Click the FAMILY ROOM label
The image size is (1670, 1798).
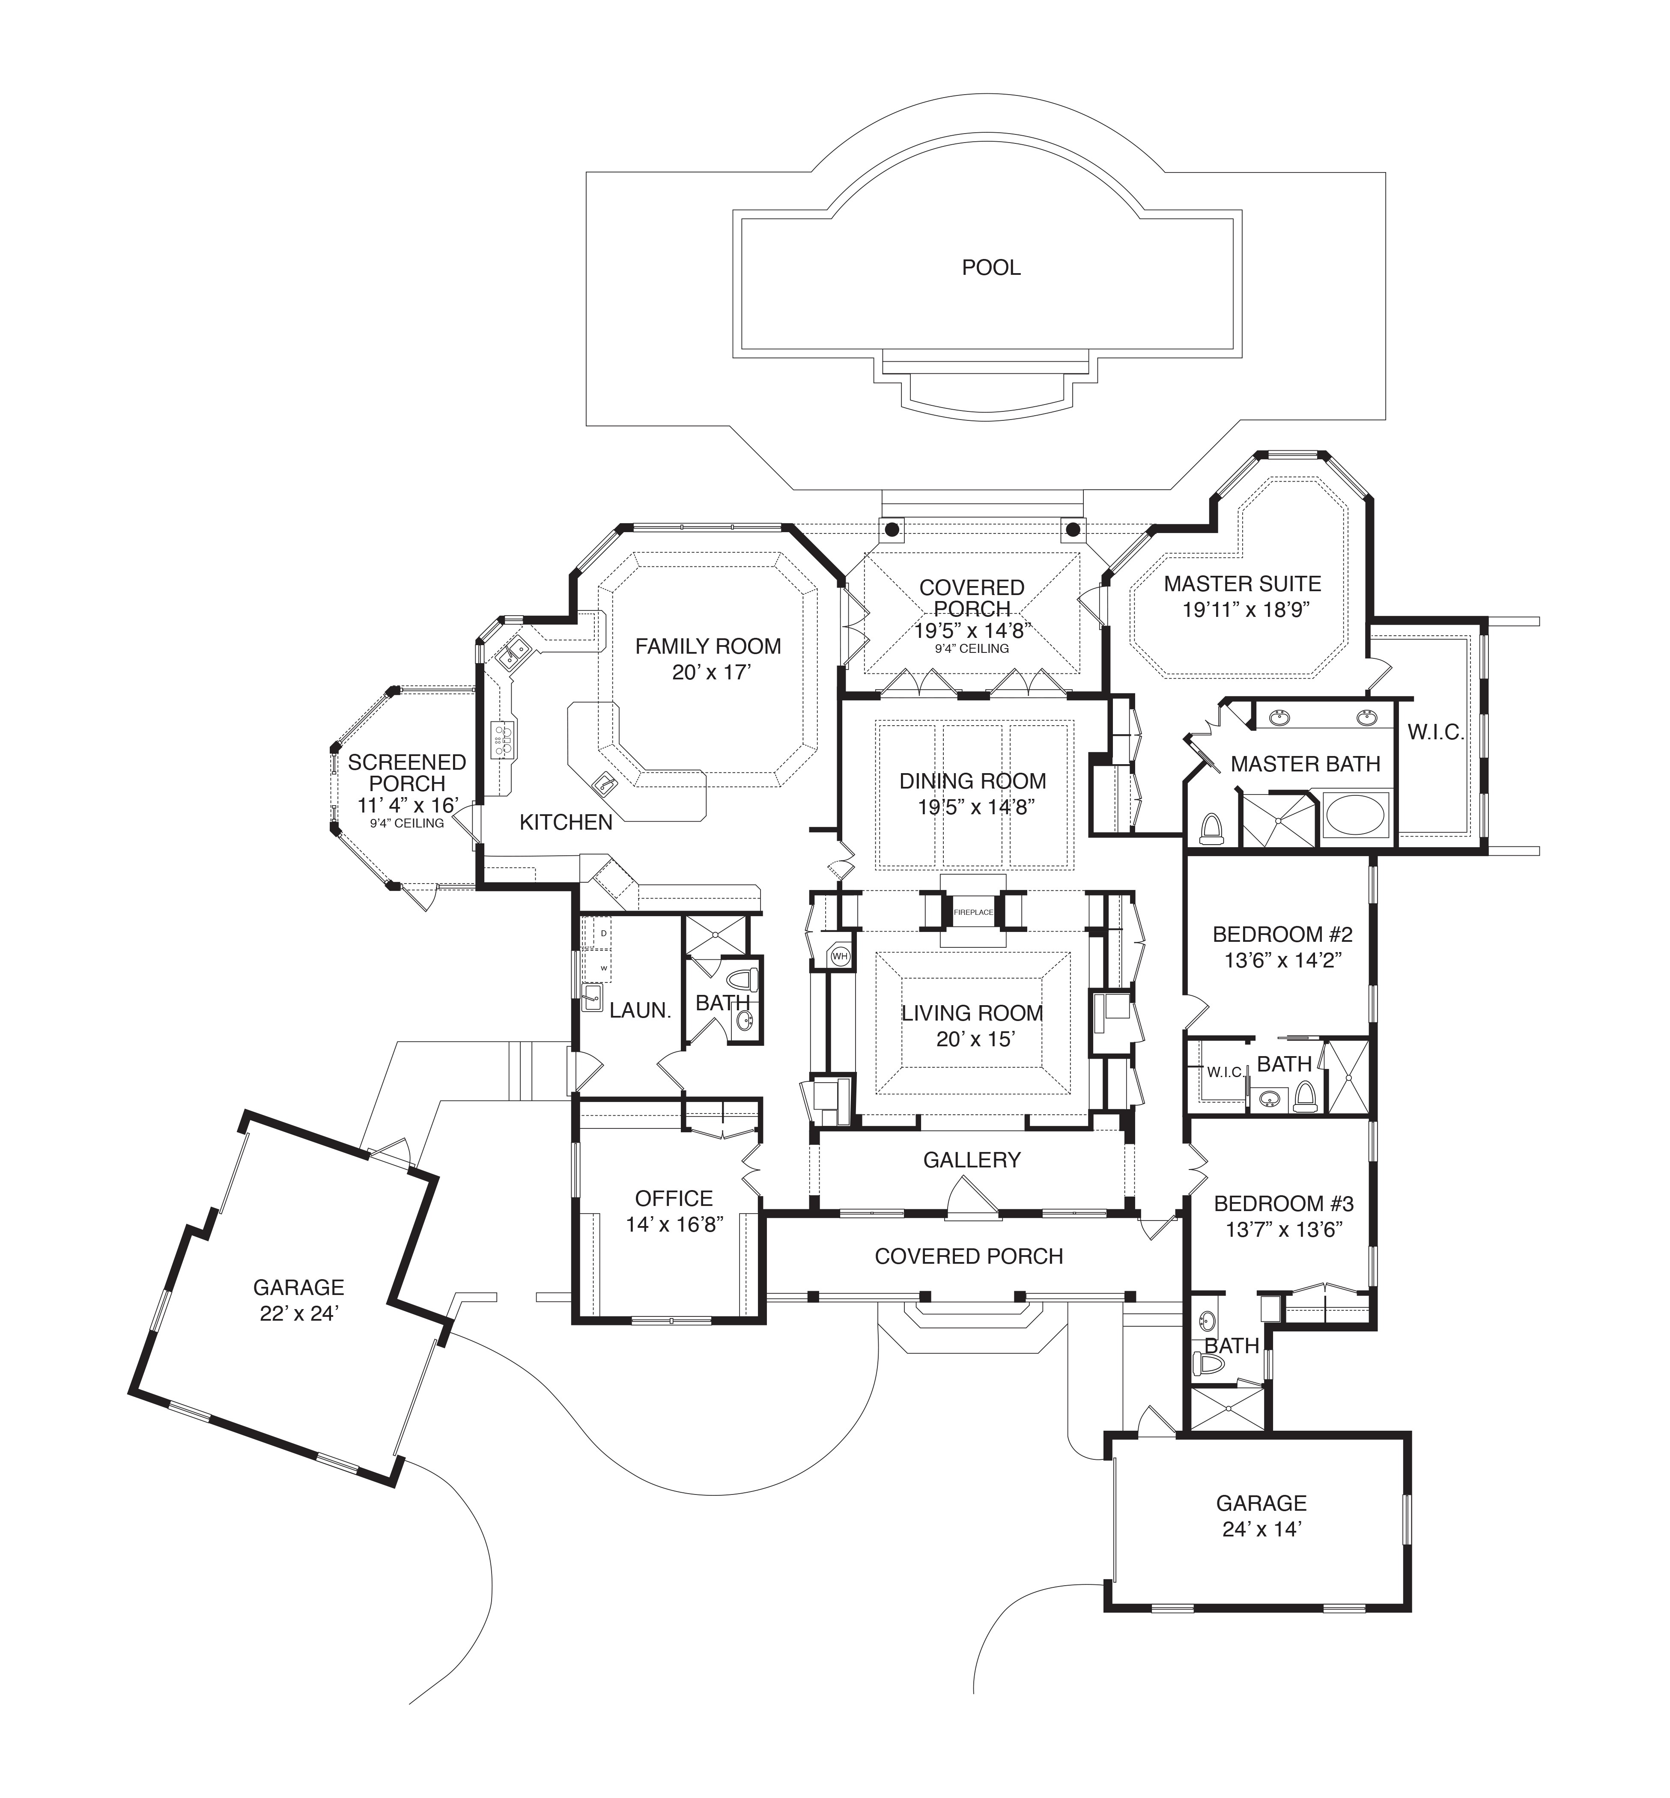pyautogui.click(x=707, y=646)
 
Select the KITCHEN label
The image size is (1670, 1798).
pyautogui.click(x=566, y=821)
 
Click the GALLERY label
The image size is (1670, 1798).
pyautogui.click(x=972, y=1159)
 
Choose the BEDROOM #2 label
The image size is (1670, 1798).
pyautogui.click(x=1282, y=933)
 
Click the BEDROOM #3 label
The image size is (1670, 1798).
pyautogui.click(x=1283, y=1203)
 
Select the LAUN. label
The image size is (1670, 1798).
pyautogui.click(x=640, y=1010)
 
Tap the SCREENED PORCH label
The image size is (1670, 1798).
pyautogui.click(x=407, y=773)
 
